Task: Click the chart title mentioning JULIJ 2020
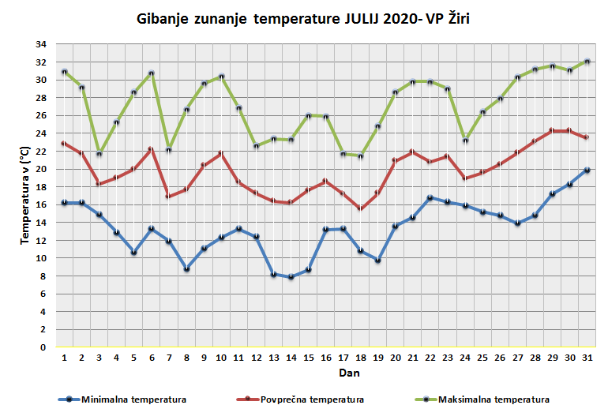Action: click(x=302, y=18)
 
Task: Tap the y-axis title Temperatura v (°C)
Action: click(x=26, y=194)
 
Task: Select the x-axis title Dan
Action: click(x=324, y=372)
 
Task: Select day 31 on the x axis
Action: click(x=586, y=357)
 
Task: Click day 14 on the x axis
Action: click(x=291, y=357)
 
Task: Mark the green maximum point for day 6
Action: click(x=151, y=73)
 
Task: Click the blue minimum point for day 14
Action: click(x=291, y=276)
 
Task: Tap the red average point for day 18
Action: click(x=360, y=208)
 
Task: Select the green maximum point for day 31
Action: click(x=586, y=62)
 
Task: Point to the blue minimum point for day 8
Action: click(x=186, y=268)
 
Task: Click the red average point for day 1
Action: click(x=64, y=143)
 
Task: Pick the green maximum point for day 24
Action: click(x=465, y=141)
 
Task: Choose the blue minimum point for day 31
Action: click(x=586, y=170)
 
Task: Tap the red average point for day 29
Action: click(x=552, y=130)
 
